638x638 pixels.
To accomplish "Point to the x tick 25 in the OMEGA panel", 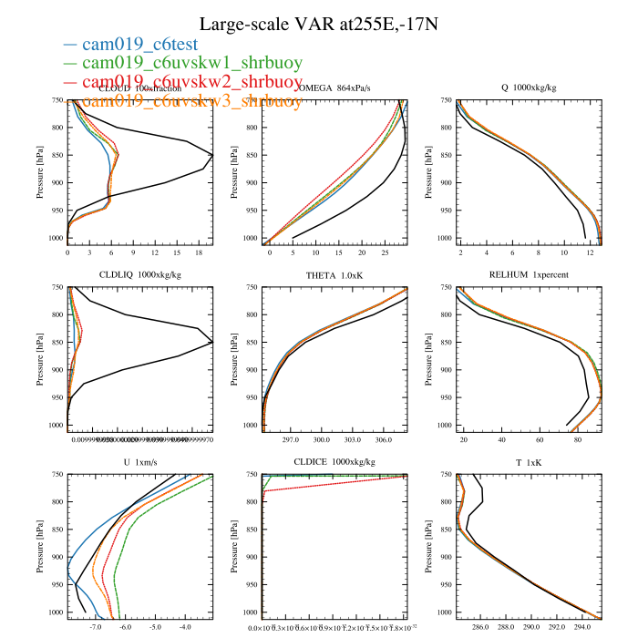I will click(x=385, y=253).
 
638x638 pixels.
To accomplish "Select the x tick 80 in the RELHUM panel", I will click(x=579, y=440).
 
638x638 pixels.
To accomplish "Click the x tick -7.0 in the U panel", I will click(x=96, y=628).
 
